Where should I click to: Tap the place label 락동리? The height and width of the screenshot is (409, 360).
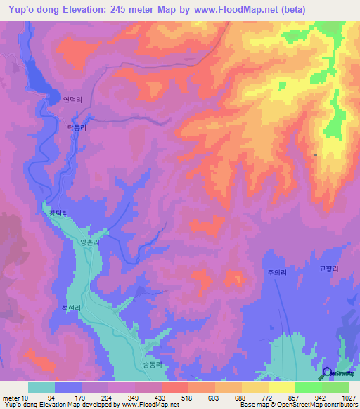pyautogui.click(x=75, y=127)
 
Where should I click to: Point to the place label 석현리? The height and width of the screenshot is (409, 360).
pyautogui.click(x=72, y=308)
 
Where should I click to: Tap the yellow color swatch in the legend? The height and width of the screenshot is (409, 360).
pyautogui.click(x=281, y=387)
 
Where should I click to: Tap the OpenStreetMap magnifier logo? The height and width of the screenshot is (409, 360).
pyautogui.click(x=328, y=373)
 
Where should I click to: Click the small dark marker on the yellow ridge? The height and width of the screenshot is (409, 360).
pyautogui.click(x=315, y=154)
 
